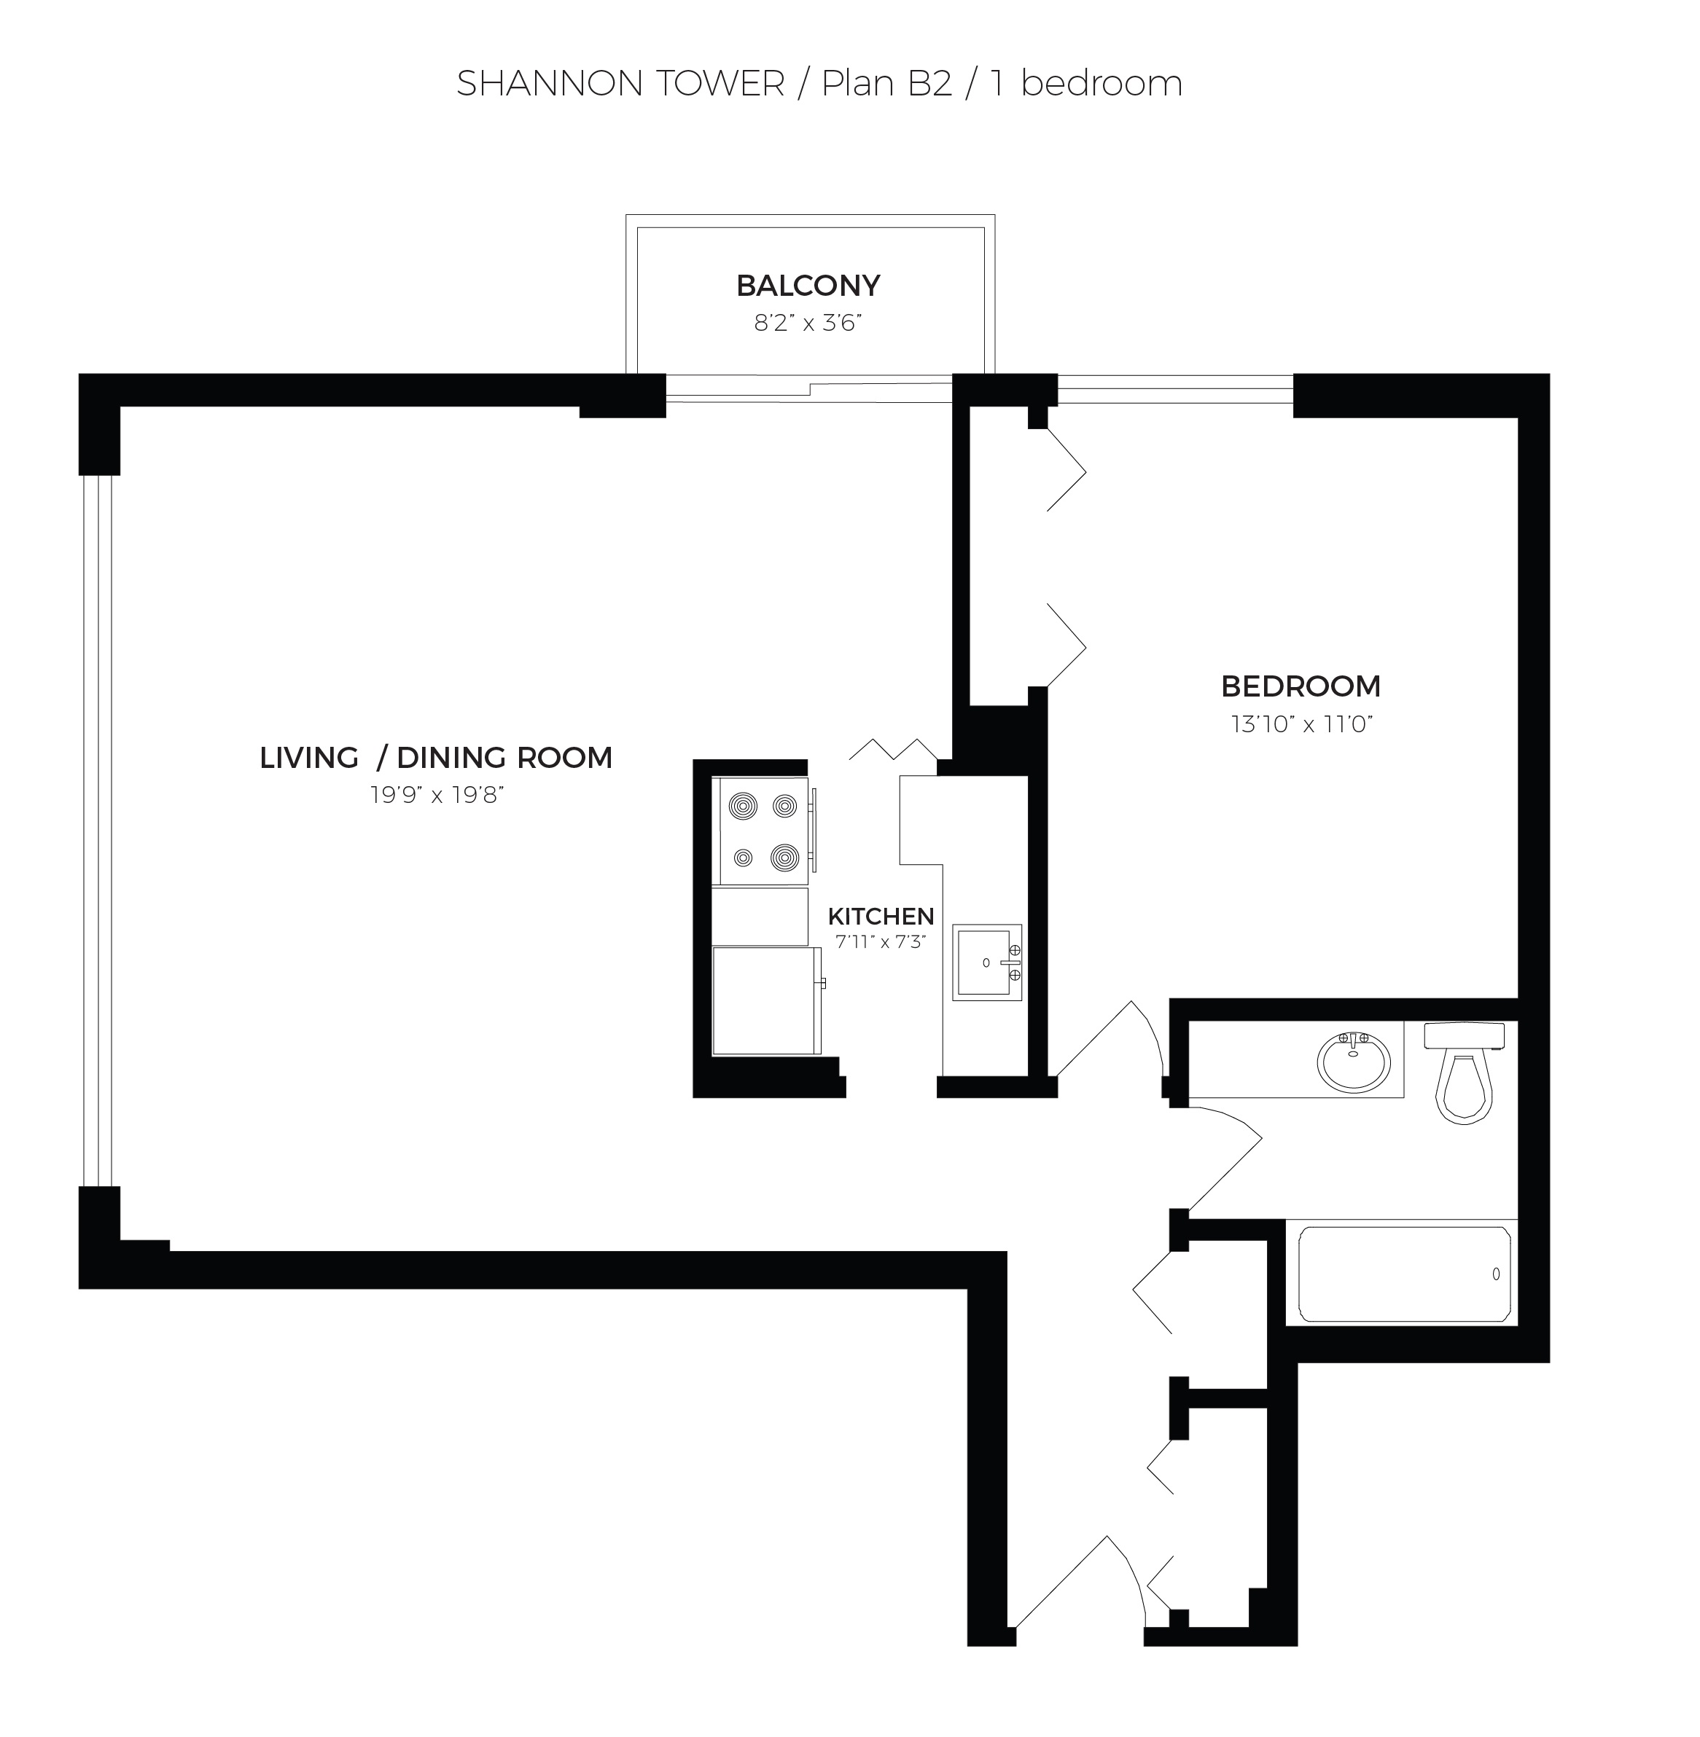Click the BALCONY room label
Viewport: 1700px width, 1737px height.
point(808,286)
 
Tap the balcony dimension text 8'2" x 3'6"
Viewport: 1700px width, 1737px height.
point(807,323)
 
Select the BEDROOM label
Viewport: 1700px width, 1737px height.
point(1301,686)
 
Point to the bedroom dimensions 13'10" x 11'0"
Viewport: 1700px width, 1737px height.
point(1301,724)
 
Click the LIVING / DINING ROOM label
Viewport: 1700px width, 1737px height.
point(436,758)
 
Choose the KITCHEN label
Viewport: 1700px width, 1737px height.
point(881,916)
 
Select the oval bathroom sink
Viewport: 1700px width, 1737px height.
point(1354,1062)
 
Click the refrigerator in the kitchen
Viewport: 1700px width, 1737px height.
point(767,1000)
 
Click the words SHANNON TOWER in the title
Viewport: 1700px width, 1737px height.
point(620,84)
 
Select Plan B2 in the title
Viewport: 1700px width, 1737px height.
point(886,84)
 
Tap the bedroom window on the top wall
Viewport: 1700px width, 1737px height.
point(1175,389)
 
